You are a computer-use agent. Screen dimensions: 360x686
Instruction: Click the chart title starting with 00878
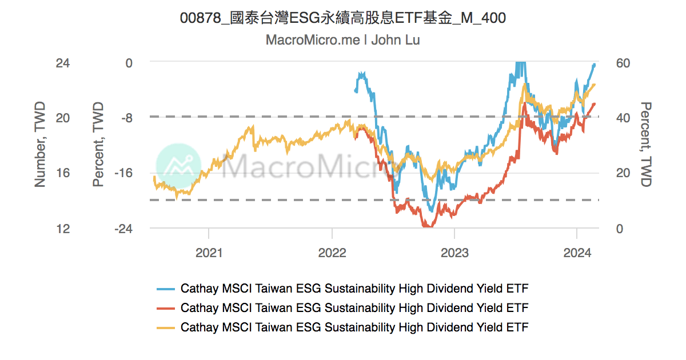[x=342, y=18]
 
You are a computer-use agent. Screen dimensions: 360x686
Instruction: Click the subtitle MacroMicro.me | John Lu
[x=342, y=41]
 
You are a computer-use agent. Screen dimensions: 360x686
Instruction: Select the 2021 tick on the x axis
[x=209, y=253]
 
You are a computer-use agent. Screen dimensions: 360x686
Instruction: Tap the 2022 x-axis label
[x=332, y=253]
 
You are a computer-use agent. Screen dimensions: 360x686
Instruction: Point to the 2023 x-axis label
[x=454, y=253]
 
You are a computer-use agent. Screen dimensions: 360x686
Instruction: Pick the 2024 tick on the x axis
[x=577, y=253]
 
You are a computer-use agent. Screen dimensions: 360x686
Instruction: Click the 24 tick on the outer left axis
[x=63, y=63]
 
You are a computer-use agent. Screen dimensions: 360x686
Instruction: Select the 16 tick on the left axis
[x=63, y=173]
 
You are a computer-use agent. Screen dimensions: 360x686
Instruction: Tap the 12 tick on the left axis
[x=63, y=229]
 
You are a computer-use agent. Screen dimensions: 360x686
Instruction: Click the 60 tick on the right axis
[x=623, y=63]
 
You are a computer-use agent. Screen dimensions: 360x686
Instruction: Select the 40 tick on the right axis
[x=623, y=118]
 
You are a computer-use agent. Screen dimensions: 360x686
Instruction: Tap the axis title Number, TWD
[x=40, y=145]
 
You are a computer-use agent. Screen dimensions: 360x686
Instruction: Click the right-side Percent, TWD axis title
[x=646, y=145]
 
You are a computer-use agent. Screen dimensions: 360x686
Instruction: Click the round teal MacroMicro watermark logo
[x=178, y=166]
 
